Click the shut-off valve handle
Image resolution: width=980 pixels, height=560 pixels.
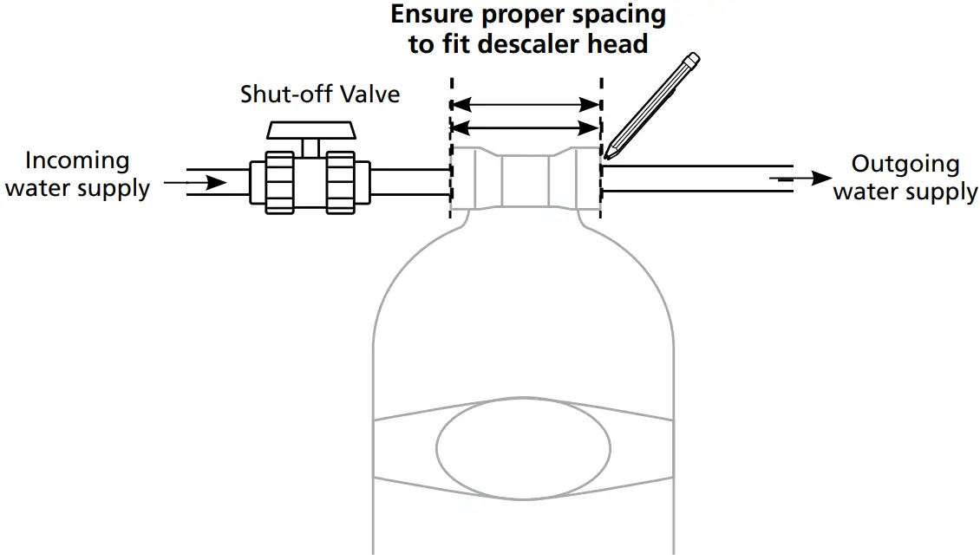click(x=312, y=131)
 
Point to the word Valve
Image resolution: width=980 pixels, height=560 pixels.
click(x=370, y=94)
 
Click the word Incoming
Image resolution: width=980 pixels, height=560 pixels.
click(x=77, y=161)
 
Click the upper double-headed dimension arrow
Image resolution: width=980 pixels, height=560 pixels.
click(x=526, y=104)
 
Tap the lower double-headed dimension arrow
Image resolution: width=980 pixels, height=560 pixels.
click(x=526, y=128)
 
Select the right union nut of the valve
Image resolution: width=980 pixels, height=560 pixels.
click(x=341, y=182)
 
